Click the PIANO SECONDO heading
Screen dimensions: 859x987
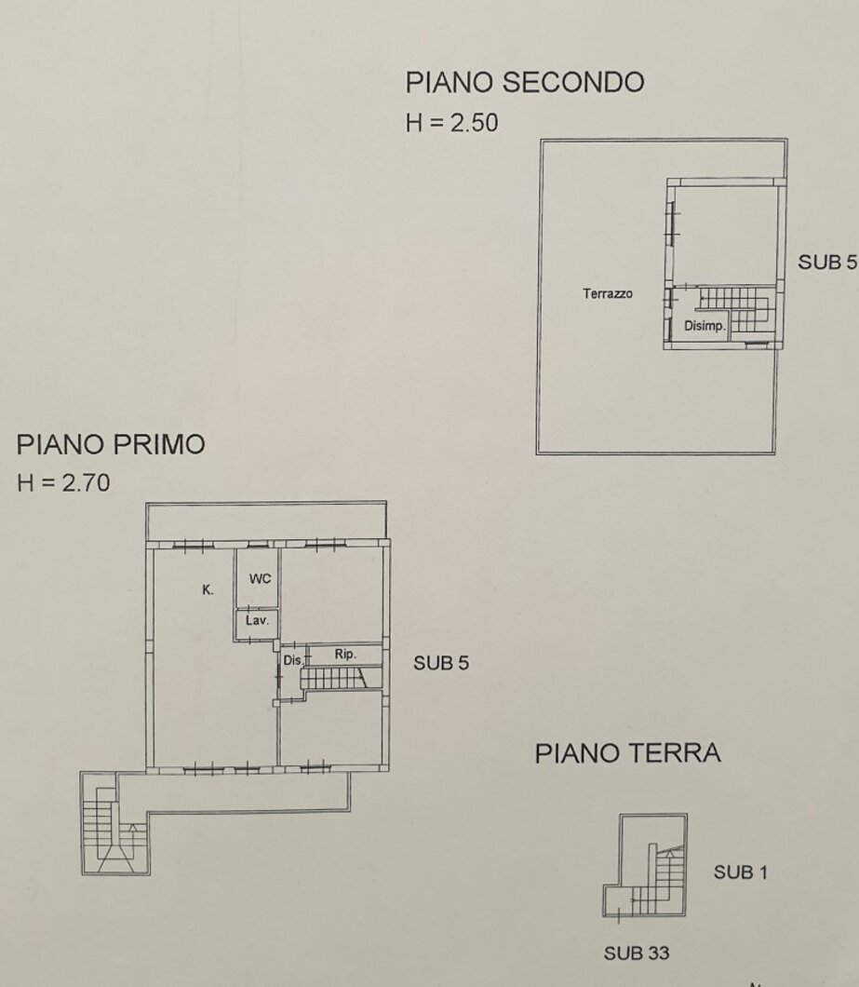[525, 83]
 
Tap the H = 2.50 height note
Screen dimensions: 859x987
[452, 123]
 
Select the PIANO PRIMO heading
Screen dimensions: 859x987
[111, 444]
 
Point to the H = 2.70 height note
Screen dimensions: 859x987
[63, 483]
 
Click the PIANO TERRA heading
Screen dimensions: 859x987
[627, 753]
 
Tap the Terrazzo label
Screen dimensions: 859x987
[608, 293]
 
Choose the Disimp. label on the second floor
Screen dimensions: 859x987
[705, 326]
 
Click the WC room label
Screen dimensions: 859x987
[260, 578]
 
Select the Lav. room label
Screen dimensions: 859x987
[257, 621]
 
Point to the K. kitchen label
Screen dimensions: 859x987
[208, 589]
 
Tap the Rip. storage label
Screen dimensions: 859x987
[345, 655]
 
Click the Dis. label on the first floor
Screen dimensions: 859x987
[292, 661]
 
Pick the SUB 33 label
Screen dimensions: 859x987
[637, 953]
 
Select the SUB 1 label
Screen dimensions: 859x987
[740, 872]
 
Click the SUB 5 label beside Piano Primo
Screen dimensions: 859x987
[441, 663]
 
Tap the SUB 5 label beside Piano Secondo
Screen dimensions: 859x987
[827, 262]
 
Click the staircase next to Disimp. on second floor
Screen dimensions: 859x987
[736, 308]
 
